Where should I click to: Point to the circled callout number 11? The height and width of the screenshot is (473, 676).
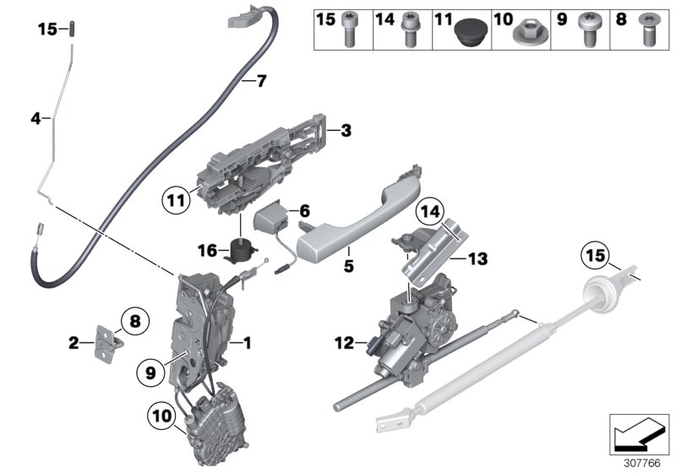(175, 201)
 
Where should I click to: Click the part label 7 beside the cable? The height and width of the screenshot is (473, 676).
(260, 82)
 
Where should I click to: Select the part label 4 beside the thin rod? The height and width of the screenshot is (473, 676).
(35, 120)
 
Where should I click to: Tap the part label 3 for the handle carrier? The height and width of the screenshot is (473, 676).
(345, 131)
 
